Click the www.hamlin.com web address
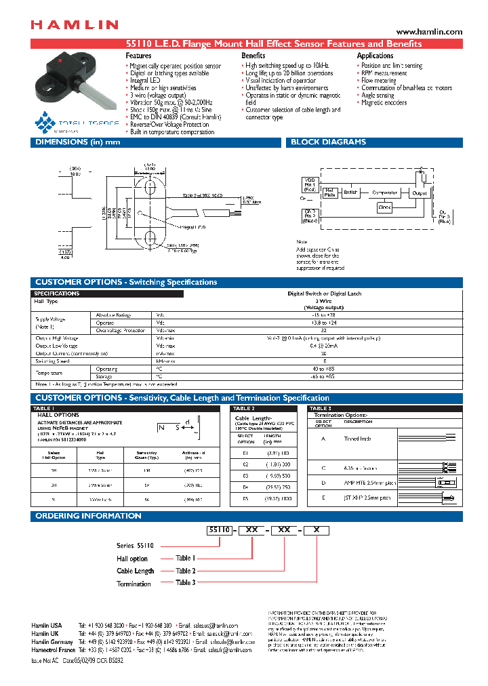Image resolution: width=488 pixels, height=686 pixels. [x=428, y=32]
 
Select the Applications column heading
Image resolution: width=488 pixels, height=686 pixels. [x=375, y=56]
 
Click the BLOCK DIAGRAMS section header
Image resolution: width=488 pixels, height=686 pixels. [x=328, y=142]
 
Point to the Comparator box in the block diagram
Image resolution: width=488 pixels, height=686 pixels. [x=385, y=193]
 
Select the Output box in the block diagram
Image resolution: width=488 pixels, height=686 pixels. [x=420, y=193]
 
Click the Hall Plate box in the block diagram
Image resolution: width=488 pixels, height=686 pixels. [x=330, y=193]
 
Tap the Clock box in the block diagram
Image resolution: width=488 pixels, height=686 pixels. [x=384, y=208]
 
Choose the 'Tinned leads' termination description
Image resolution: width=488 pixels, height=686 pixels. [x=357, y=439]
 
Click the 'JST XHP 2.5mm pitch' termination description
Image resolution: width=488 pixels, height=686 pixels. [x=367, y=498]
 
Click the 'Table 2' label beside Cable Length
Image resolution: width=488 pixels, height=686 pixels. [x=185, y=571]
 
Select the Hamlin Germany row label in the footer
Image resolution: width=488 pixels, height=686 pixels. [x=52, y=641]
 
